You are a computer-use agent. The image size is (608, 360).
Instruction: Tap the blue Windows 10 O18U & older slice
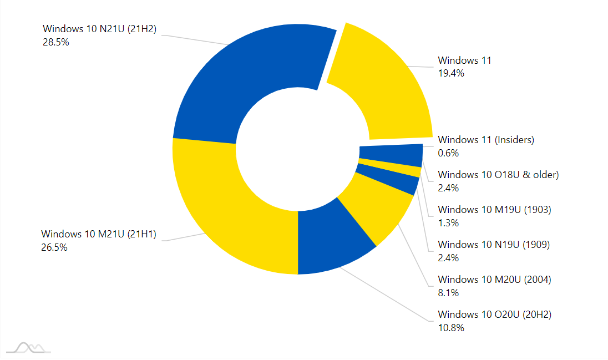coord(391,154)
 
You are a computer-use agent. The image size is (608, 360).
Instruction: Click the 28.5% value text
coord(55,42)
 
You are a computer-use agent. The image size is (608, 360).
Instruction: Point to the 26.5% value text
coord(54,247)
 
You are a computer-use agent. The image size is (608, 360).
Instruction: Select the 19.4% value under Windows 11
coord(450,73)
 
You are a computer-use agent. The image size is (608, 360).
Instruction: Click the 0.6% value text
coord(448,153)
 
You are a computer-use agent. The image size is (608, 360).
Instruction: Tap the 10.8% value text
coord(450,328)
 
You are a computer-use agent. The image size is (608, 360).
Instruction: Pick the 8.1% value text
coord(448,293)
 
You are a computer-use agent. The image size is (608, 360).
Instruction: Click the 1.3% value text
coord(448,223)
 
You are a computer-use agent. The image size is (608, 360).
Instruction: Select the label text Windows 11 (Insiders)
coord(486,140)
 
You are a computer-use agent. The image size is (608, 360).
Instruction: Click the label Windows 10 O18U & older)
coord(498,175)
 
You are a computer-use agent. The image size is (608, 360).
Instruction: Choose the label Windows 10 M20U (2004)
coord(494,280)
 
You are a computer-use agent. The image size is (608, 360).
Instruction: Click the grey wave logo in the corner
coord(30,348)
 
